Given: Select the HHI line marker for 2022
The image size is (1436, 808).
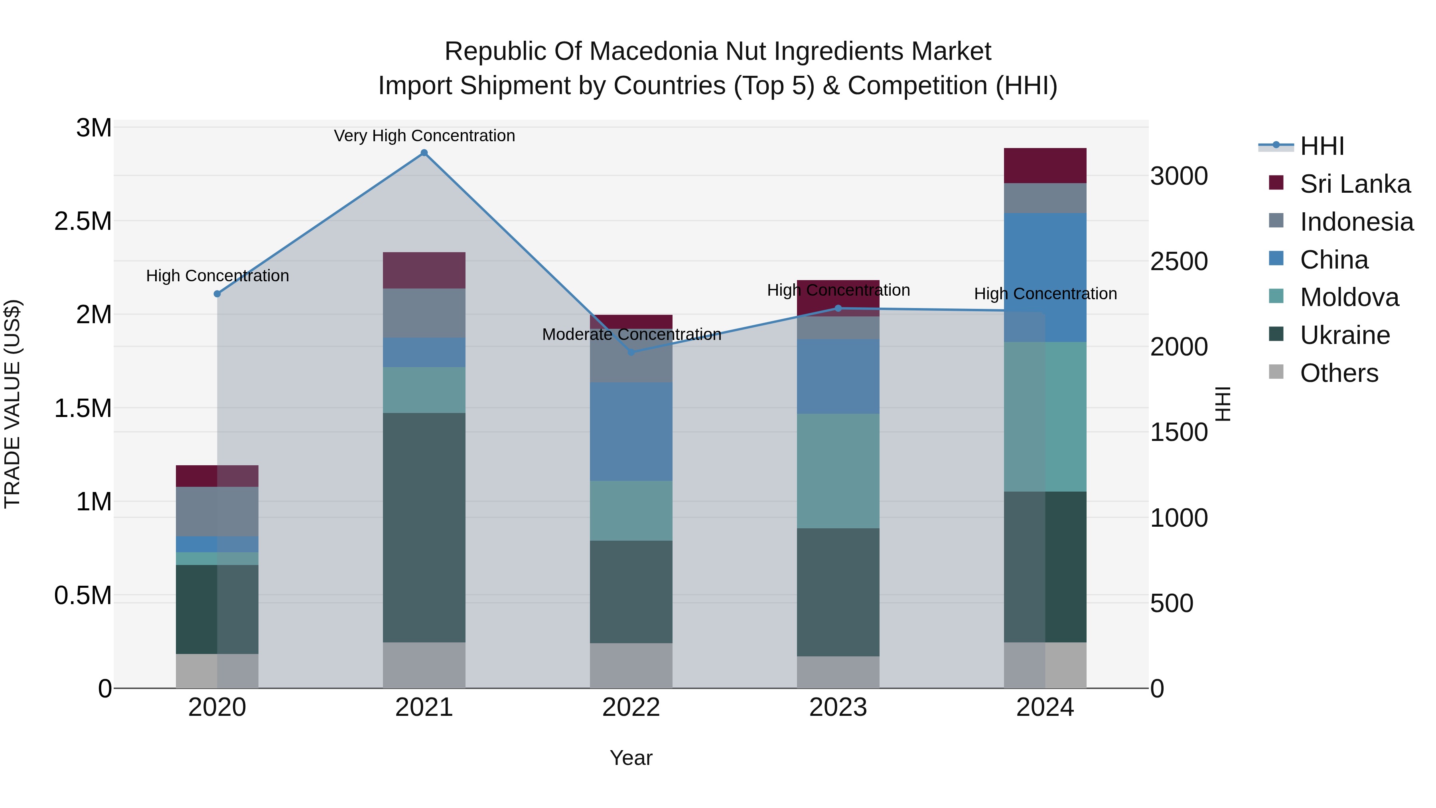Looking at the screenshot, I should coord(631,352).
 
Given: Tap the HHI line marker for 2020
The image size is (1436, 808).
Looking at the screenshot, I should coord(217,294).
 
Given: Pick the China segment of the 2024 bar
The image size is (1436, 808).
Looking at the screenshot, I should coord(1045,277).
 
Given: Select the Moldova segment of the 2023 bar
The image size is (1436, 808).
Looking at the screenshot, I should coord(838,471).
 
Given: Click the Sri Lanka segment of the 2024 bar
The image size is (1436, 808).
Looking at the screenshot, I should coord(1045,166).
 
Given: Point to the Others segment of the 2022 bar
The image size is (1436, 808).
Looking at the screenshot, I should coord(631,665).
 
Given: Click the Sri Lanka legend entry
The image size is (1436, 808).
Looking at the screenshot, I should coord(1355,184).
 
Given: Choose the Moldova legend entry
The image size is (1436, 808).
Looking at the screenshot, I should coord(1349,297).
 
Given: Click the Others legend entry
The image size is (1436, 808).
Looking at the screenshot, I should coord(1338,373).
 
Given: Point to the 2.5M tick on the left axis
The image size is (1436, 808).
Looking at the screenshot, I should coord(83,221).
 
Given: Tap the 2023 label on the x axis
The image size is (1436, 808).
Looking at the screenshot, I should coord(838,707).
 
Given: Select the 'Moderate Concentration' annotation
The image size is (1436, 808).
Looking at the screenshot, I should coord(631,334).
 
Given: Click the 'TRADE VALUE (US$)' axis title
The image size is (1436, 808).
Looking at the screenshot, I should coord(12,404).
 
